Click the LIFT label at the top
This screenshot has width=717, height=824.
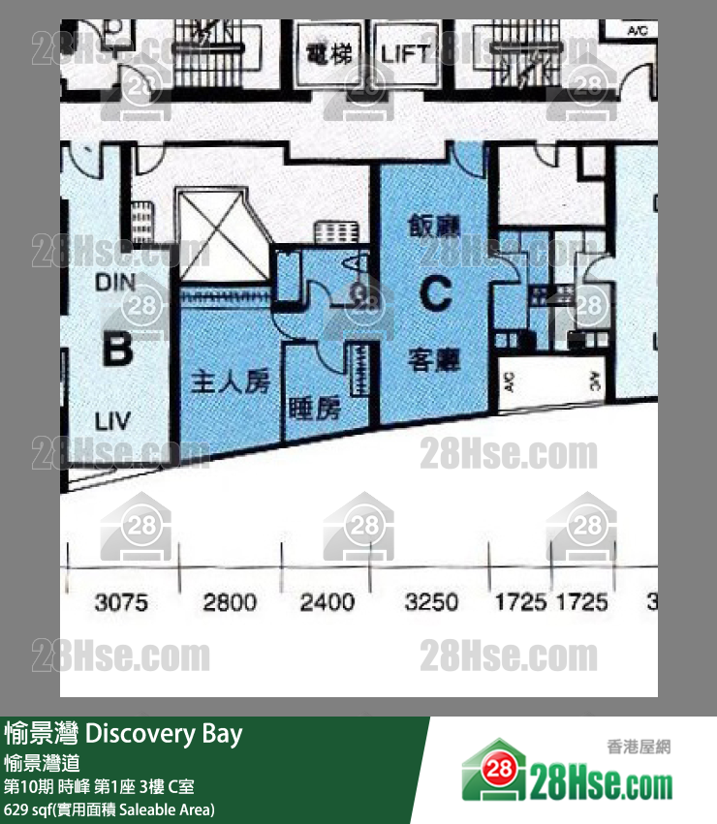point(405,52)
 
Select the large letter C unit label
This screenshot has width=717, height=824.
point(435,293)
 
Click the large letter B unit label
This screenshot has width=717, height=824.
point(116,350)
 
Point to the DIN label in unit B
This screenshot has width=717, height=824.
point(116,283)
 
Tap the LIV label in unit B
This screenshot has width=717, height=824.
point(112,422)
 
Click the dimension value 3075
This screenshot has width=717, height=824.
point(121,603)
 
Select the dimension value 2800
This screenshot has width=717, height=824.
point(230,603)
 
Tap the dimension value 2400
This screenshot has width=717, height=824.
point(327,603)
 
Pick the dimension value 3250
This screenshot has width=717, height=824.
point(431,603)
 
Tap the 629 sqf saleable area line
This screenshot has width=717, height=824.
point(109,809)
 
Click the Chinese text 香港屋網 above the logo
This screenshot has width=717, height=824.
point(639,747)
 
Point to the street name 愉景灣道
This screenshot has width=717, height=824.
point(42,762)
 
